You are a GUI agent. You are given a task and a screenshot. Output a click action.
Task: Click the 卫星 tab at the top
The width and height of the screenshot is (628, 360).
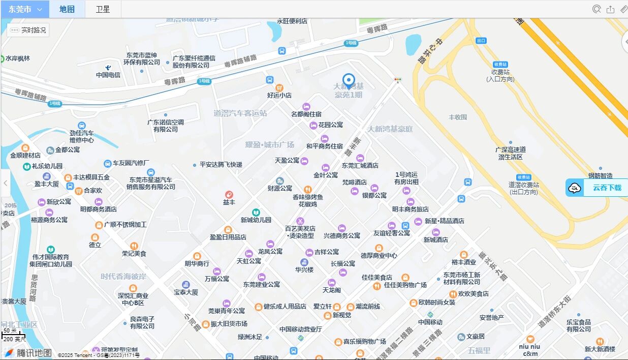pyautogui.click(x=103, y=9)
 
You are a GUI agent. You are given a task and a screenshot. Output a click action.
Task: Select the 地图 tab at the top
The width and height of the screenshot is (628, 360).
pyautogui.click(x=67, y=9)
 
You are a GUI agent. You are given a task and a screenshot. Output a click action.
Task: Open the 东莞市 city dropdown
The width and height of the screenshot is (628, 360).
pyautogui.click(x=25, y=9)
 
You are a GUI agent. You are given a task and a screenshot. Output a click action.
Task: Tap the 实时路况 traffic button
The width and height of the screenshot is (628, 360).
pyautogui.click(x=28, y=31)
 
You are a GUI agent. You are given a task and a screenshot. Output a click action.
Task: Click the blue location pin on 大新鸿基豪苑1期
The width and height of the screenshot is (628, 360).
pyautogui.click(x=349, y=81)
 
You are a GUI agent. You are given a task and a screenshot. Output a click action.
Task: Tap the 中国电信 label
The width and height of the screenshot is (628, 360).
pyautogui.click(x=108, y=75)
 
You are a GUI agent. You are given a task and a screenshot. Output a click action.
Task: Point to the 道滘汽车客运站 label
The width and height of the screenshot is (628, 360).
pyautogui.click(x=240, y=113)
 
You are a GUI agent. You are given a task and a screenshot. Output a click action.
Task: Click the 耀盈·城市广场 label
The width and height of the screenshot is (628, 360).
pyautogui.click(x=269, y=144)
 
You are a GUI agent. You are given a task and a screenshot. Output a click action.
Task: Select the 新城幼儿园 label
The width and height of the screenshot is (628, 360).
pyautogui.click(x=256, y=220)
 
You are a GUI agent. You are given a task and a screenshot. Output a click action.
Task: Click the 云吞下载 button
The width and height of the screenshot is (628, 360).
pyautogui.click(x=598, y=188)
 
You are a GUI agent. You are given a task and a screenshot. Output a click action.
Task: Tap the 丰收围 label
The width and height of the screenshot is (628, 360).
pyautogui.click(x=457, y=117)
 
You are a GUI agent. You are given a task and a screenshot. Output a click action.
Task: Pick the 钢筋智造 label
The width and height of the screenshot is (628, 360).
pyautogui.click(x=600, y=175)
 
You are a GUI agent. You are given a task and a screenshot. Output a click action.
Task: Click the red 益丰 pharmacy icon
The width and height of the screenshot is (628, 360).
pyautogui.click(x=229, y=195)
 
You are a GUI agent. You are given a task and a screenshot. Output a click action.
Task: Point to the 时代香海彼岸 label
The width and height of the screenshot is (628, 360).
pyautogui.click(x=123, y=277)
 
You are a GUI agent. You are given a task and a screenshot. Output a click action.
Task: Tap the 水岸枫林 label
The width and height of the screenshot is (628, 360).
pyautogui.click(x=17, y=58)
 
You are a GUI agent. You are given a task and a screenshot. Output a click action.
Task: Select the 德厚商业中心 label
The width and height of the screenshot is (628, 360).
pyautogui.click(x=379, y=255)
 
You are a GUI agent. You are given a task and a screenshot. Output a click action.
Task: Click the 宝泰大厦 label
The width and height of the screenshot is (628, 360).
pyautogui.click(x=186, y=292)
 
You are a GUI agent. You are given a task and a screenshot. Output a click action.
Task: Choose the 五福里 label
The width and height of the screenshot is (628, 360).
pyautogui.click(x=479, y=350)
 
